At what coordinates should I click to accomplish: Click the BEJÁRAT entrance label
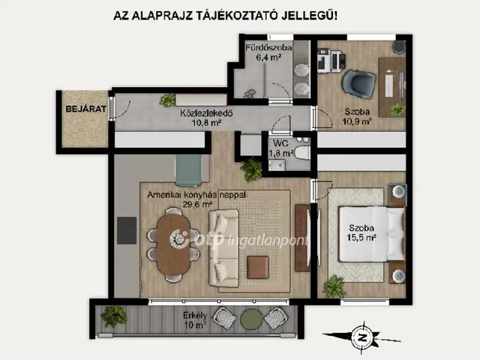pos(79,109)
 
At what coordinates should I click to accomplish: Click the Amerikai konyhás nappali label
pos(196,197)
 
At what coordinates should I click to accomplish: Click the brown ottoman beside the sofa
pos(257,266)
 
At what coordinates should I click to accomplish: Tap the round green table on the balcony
pos(248,320)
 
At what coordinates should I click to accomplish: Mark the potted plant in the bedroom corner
pos(334,286)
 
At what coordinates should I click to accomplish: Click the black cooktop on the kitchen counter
pos(126,227)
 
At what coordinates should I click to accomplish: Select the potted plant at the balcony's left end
pos(115,315)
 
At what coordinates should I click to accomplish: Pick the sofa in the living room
pos(223,247)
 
